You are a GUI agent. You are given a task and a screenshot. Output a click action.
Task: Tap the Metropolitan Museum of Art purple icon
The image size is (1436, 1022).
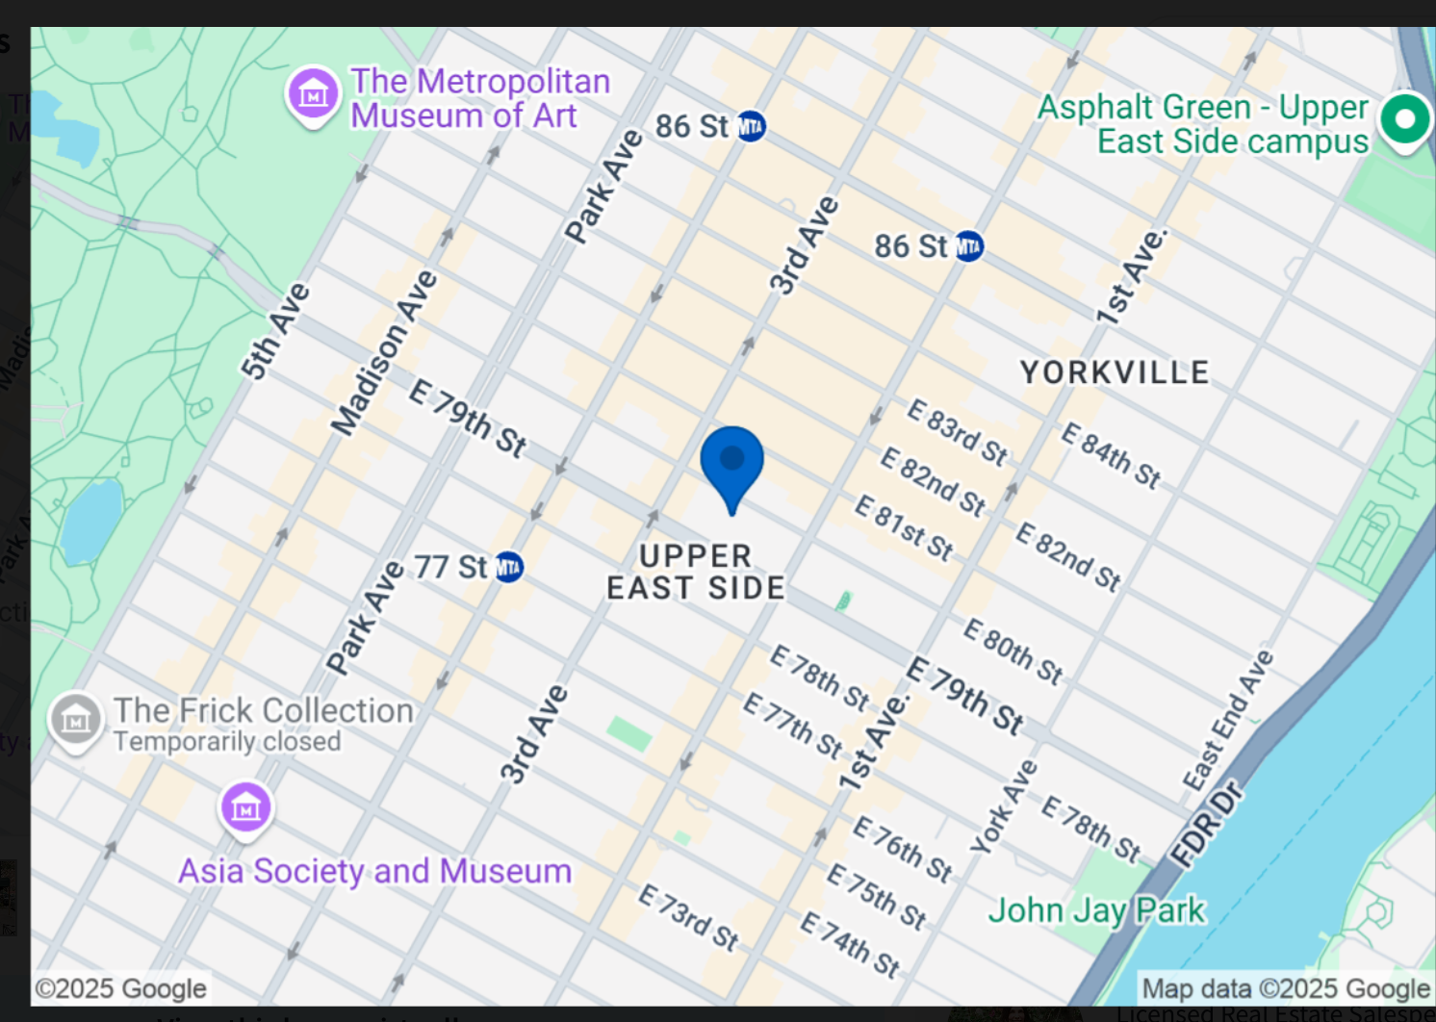click(x=313, y=94)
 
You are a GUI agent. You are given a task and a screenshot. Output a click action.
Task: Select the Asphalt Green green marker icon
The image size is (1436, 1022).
click(x=1404, y=119)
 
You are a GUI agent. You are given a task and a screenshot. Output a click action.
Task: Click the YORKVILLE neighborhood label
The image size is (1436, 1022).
click(x=1115, y=372)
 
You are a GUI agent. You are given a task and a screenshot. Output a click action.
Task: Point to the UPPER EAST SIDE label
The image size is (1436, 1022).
click(x=695, y=572)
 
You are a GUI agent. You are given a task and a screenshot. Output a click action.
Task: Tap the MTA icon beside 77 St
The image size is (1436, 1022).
click(x=508, y=568)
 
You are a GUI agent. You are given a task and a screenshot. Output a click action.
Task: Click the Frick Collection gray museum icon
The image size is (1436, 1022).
click(x=76, y=719)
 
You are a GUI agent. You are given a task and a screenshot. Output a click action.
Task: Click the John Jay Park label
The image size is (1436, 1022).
click(x=1096, y=910)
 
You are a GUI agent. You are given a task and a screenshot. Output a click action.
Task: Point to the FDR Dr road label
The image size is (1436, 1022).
click(x=1206, y=825)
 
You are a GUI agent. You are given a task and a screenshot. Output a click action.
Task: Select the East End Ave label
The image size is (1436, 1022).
click(x=1228, y=720)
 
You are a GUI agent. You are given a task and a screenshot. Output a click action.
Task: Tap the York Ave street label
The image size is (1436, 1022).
click(x=1004, y=807)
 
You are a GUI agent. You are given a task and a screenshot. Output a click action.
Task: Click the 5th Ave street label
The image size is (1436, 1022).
click(x=275, y=330)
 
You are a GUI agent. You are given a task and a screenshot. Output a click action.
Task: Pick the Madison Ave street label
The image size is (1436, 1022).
click(x=384, y=353)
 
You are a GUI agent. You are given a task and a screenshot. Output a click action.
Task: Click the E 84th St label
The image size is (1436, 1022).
click(x=1111, y=455)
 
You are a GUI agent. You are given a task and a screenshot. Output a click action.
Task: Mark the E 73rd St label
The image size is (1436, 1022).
click(x=688, y=918)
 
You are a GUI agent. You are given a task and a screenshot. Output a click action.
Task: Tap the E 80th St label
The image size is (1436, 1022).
click(x=1013, y=652)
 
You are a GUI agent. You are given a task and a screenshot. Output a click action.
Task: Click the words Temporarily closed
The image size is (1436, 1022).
click(x=227, y=742)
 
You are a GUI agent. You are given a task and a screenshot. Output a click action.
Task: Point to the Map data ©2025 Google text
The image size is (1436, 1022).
click(x=1285, y=988)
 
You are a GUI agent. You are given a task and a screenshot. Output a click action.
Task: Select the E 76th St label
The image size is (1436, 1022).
click(x=903, y=849)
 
